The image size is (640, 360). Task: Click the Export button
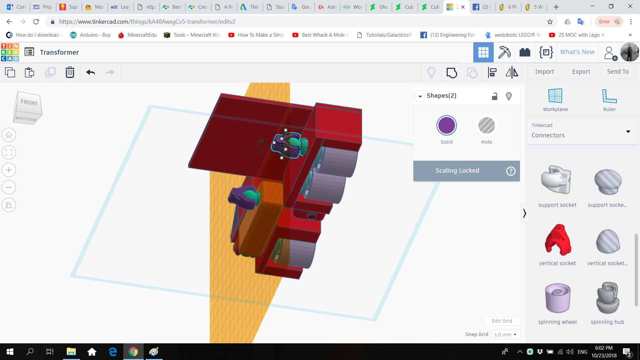tap(581, 72)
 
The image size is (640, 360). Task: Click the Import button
tap(544, 72)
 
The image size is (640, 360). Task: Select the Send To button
tap(618, 72)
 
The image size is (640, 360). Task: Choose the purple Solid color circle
tap(446, 126)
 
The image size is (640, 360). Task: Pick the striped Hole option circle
tap(486, 126)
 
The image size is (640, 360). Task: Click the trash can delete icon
tap(70, 72)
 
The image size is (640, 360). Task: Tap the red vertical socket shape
tap(557, 240)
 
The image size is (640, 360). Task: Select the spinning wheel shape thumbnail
tap(557, 298)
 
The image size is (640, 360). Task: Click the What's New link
tap(577, 52)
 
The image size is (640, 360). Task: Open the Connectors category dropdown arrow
tap(628, 132)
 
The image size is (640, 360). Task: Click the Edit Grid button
tap(502, 321)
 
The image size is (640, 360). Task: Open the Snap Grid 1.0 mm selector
tap(506, 334)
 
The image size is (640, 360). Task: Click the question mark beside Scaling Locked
tap(511, 171)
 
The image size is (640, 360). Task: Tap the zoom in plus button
tap(9, 170)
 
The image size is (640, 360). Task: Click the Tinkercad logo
tap(10, 52)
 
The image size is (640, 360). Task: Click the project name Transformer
tap(59, 52)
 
